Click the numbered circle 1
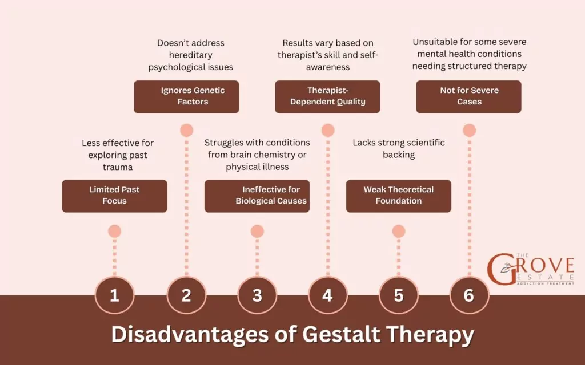pyautogui.click(x=114, y=295)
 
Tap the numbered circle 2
pyautogui.click(x=186, y=295)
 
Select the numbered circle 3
pyautogui.click(x=257, y=295)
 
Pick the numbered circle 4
pyautogui.click(x=327, y=295)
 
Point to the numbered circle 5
pyautogui.click(x=399, y=295)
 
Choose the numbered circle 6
pyautogui.click(x=469, y=295)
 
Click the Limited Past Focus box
pyautogui.click(x=114, y=196)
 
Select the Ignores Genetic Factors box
pyautogui.click(x=186, y=96)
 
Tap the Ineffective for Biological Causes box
pyautogui.click(x=257, y=196)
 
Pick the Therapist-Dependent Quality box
pyautogui.click(x=327, y=96)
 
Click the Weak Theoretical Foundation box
pyautogui.click(x=399, y=196)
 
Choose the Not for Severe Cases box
pyautogui.click(x=469, y=96)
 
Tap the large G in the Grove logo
pyautogui.click(x=501, y=270)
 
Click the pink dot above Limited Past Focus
pyautogui.click(x=114, y=231)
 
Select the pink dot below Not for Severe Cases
pyautogui.click(x=469, y=130)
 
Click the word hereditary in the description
pyautogui.click(x=191, y=55)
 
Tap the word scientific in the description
pyautogui.click(x=423, y=143)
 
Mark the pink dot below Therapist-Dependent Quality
pyautogui.click(x=327, y=130)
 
